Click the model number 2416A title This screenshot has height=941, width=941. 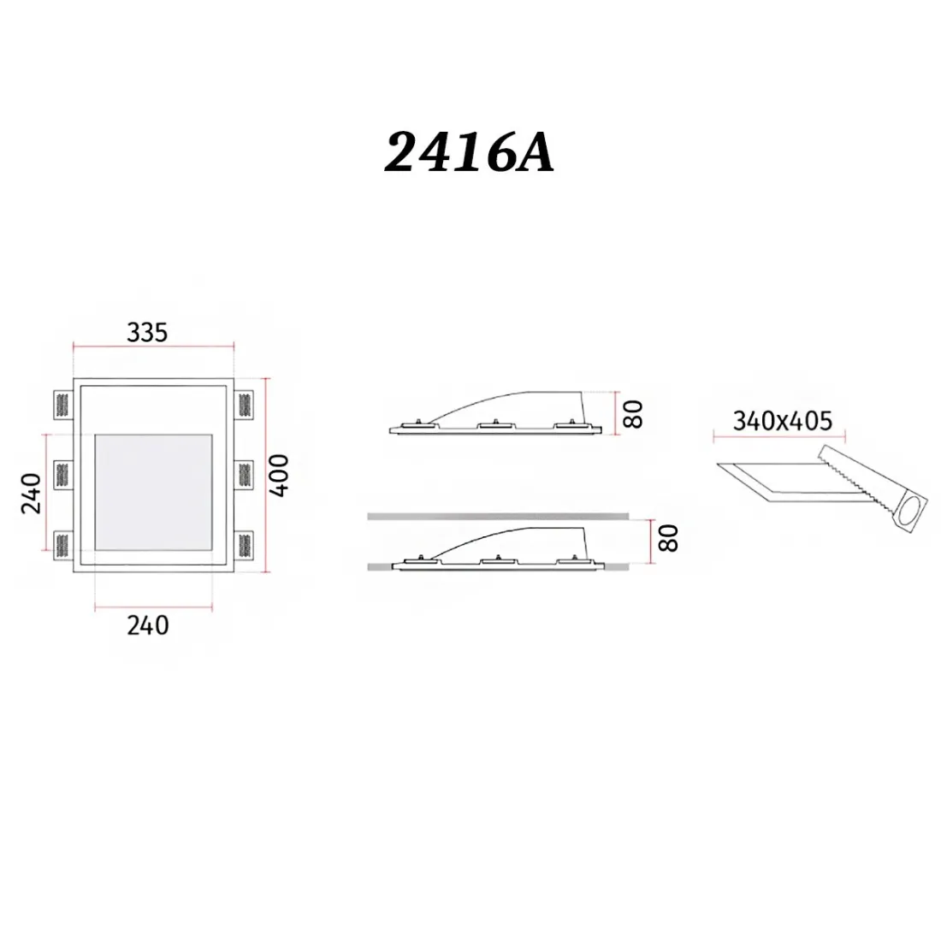coord(470,154)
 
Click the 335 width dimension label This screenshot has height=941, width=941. coord(147,332)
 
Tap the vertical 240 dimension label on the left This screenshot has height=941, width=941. coord(30,493)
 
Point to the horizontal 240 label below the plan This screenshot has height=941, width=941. coord(147,625)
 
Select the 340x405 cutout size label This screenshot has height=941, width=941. coord(782,420)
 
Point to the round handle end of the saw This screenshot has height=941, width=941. coord(908,513)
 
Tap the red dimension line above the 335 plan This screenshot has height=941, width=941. coord(153,346)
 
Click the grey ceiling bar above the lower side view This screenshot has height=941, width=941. coord(496,516)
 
